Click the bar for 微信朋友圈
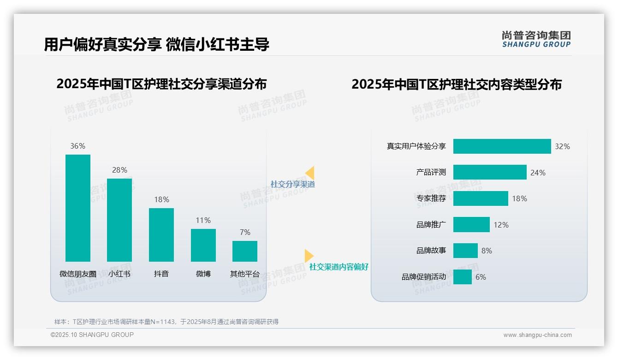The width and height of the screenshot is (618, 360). click(x=78, y=208)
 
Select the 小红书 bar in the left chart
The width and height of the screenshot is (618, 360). click(x=119, y=220)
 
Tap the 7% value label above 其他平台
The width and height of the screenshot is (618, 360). click(x=245, y=232)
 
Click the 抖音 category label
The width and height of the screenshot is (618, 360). click(x=161, y=274)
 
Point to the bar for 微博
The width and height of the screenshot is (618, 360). click(x=203, y=245)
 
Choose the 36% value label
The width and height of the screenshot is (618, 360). click(x=78, y=146)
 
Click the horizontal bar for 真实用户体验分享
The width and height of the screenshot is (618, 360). click(x=502, y=146)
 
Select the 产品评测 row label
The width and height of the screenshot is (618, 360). click(x=431, y=172)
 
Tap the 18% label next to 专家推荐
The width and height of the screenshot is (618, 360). click(x=519, y=198)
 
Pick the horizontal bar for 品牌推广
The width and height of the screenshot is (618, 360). click(x=471, y=225)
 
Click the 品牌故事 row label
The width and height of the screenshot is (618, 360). click(x=431, y=251)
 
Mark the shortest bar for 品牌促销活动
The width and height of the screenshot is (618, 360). click(x=463, y=277)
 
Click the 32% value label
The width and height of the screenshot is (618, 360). click(x=562, y=146)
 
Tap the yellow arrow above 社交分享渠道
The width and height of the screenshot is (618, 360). click(x=310, y=173)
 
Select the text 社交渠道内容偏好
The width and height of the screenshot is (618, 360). click(x=339, y=267)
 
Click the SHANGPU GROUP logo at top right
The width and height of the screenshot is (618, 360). click(x=536, y=39)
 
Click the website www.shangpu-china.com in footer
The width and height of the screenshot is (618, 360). click(x=537, y=335)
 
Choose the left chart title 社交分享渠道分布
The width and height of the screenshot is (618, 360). click(x=161, y=84)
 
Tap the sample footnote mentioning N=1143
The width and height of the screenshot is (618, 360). click(x=166, y=322)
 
